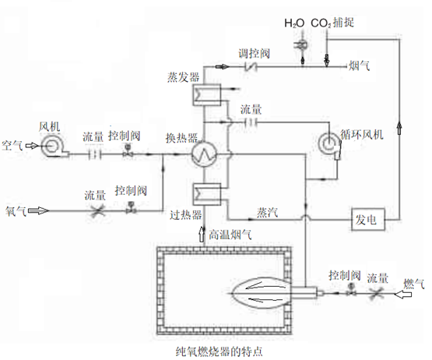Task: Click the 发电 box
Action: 368,219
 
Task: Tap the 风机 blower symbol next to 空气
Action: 52,146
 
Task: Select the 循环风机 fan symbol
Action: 330,145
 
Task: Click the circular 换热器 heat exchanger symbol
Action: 205,154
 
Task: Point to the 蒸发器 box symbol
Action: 207,94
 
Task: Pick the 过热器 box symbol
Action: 207,194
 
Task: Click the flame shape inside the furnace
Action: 260,293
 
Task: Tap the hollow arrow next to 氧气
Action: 39,211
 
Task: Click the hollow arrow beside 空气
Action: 32,146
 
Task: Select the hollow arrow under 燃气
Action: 403,295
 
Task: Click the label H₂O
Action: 294,23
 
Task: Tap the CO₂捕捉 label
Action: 332,23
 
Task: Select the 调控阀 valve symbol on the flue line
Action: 251,66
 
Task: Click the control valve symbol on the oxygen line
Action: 131,208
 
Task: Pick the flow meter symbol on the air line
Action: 95,154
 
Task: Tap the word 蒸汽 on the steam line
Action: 267,213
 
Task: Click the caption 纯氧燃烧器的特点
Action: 219,351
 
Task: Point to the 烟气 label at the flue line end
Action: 360,65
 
